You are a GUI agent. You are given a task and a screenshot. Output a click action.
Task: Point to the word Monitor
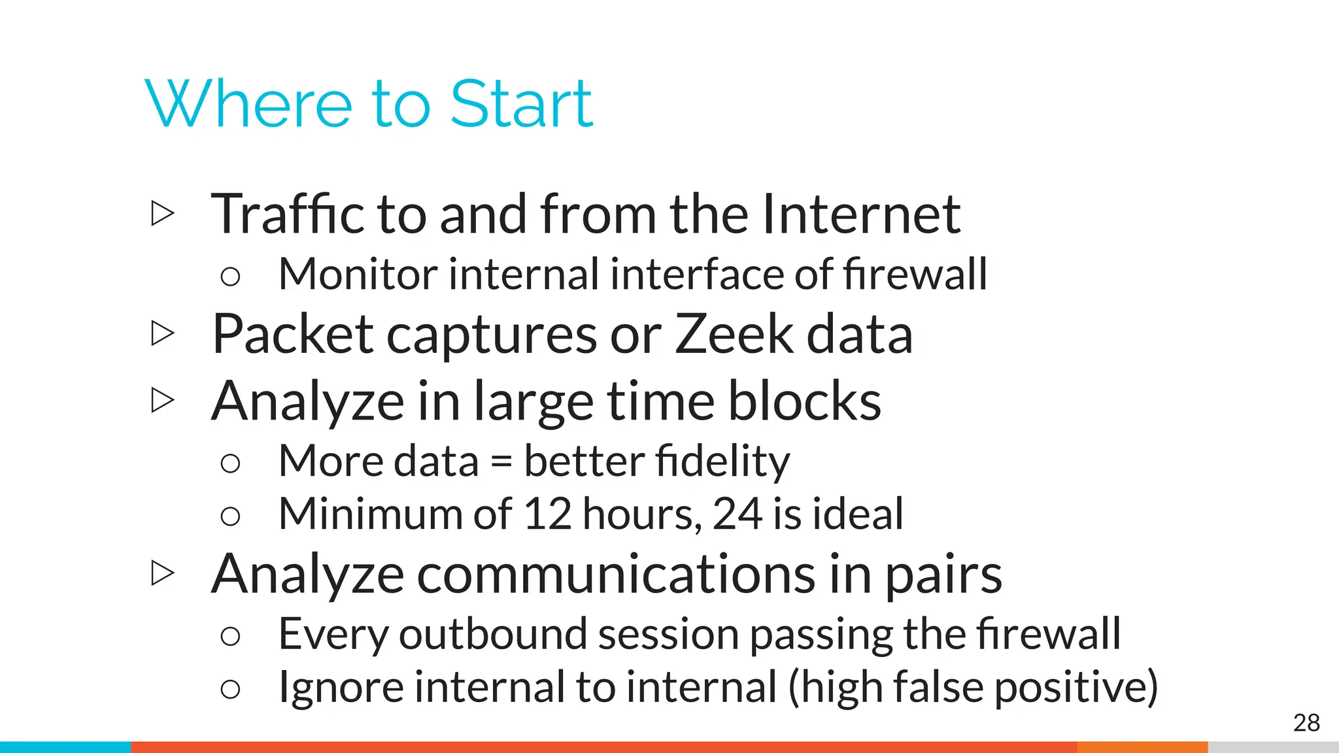click(357, 274)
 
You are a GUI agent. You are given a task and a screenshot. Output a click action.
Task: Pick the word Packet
click(293, 334)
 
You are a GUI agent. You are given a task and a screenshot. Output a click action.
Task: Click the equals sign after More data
click(501, 461)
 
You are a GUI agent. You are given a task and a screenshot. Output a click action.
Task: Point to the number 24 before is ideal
click(737, 514)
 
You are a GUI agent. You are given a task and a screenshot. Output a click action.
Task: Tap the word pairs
click(943, 574)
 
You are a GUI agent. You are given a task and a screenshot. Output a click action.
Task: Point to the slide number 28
click(1306, 723)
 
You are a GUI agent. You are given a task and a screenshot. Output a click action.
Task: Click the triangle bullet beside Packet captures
click(163, 333)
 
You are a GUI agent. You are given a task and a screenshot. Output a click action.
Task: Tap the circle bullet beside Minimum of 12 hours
click(230, 516)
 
